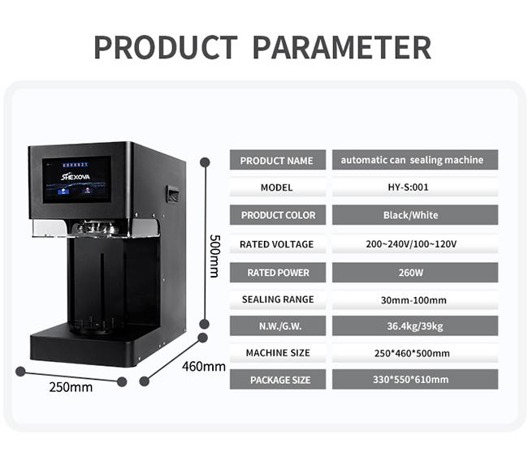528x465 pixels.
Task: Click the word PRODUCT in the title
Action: pos(166,47)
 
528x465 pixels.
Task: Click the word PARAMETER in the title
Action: pos(342,47)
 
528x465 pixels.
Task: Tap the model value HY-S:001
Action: pos(408,187)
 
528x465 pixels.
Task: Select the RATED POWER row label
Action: pos(278,273)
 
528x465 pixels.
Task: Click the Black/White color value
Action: pos(411,215)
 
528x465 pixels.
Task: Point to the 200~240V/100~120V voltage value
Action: pos(411,243)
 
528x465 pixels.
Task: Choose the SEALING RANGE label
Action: pos(278,299)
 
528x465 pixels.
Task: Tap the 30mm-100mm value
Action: pos(413,300)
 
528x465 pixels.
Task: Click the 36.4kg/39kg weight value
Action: pos(415,326)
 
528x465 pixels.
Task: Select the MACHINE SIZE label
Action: pos(278,353)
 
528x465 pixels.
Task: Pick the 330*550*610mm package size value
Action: pos(411,380)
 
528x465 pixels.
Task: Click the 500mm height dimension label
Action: pos(214,256)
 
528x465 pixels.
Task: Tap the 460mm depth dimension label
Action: pos(204,367)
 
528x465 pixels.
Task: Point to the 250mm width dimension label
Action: pos(71,387)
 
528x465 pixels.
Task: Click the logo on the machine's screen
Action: pos(76,177)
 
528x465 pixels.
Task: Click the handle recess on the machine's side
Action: pos(172,194)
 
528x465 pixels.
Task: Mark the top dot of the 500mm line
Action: pos(205,162)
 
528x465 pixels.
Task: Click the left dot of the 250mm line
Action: pos(20,372)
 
